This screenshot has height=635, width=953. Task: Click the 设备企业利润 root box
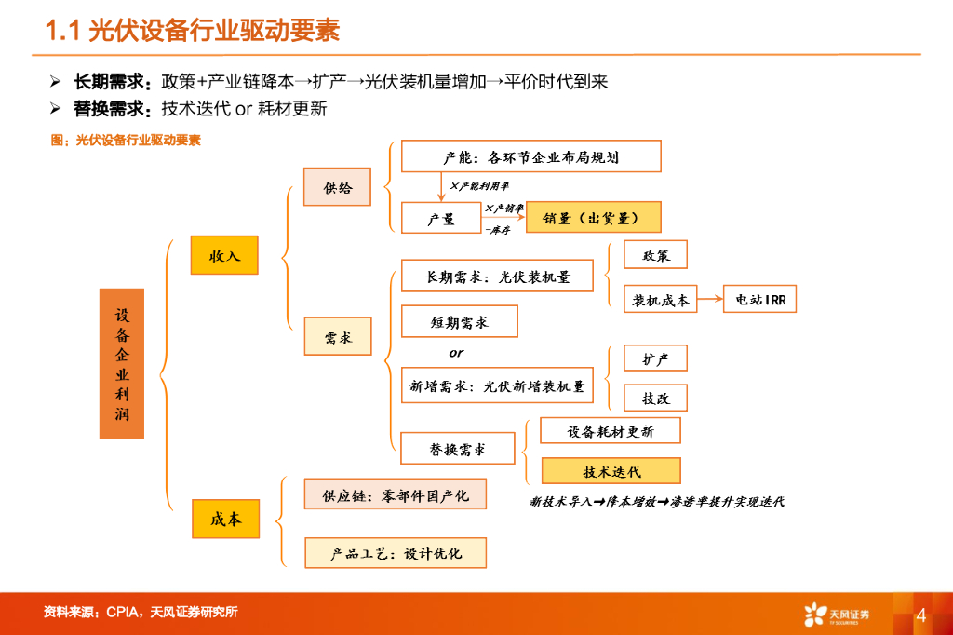pyautogui.click(x=122, y=363)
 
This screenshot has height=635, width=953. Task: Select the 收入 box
pyautogui.click(x=223, y=255)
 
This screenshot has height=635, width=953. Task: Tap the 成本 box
pyautogui.click(x=225, y=519)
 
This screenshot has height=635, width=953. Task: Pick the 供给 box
pyautogui.click(x=337, y=188)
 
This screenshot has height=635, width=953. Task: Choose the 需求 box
pyautogui.click(x=337, y=337)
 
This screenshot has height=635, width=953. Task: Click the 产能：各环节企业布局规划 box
pyautogui.click(x=530, y=156)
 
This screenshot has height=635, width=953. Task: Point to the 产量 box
pyautogui.click(x=440, y=219)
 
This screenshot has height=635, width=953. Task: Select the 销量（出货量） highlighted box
pyautogui.click(x=593, y=219)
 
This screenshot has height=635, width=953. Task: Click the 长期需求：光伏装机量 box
pyautogui.click(x=496, y=277)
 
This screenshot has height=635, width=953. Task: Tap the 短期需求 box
pyautogui.click(x=459, y=322)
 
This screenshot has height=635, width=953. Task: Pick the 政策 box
pyautogui.click(x=655, y=255)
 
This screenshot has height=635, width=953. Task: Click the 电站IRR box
pyautogui.click(x=759, y=300)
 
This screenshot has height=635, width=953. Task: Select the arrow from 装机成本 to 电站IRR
pyautogui.click(x=709, y=300)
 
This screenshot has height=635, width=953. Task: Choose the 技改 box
pyautogui.click(x=655, y=399)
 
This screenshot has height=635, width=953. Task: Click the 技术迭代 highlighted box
pyautogui.click(x=611, y=471)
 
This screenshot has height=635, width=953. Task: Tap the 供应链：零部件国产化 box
pyautogui.click(x=396, y=494)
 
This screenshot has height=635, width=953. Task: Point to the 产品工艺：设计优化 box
pyautogui.click(x=396, y=553)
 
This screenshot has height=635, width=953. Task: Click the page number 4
pyautogui.click(x=920, y=615)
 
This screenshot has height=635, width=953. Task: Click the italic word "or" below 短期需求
pyautogui.click(x=456, y=354)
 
